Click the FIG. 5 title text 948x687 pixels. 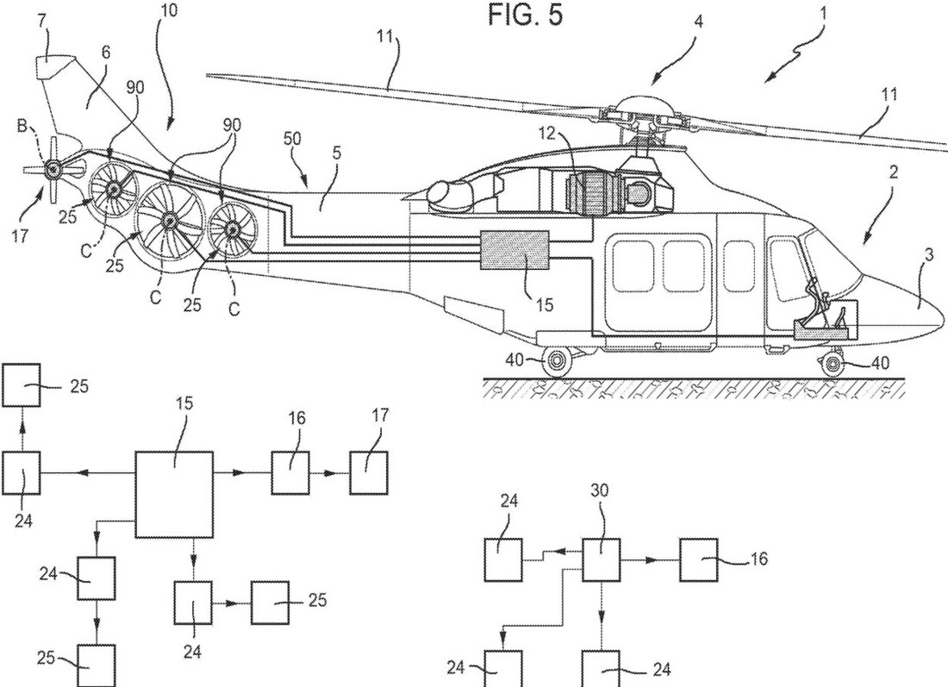(x=525, y=15)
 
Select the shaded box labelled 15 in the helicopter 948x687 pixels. (x=515, y=250)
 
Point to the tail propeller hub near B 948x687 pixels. (x=53, y=169)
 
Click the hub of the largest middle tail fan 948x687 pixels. (x=169, y=222)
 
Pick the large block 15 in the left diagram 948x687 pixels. (x=174, y=494)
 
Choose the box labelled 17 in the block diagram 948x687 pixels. (x=368, y=473)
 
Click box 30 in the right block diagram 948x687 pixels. (x=601, y=560)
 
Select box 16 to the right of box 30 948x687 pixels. (x=699, y=560)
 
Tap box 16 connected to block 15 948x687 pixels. (x=290, y=473)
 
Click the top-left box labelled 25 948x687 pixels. (x=22, y=384)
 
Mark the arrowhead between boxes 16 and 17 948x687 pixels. (x=333, y=473)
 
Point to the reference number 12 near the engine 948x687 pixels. (x=546, y=134)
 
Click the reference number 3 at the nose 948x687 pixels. (x=928, y=254)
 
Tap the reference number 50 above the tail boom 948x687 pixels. (x=292, y=139)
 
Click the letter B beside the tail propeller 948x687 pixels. (x=22, y=126)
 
